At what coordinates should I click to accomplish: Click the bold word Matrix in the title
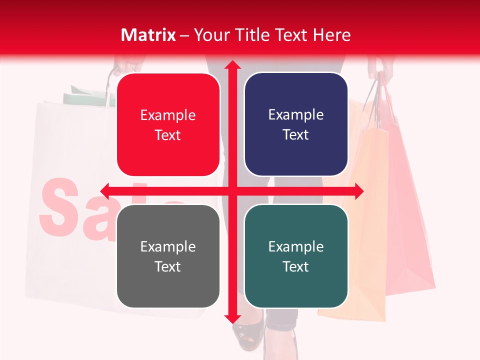(x=148, y=35)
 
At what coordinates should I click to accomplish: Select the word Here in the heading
(x=331, y=35)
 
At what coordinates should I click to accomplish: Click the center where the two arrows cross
(x=232, y=191)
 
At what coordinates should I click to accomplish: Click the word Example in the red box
(x=168, y=115)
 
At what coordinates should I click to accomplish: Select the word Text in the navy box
(x=296, y=135)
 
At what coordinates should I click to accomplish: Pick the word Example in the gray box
(x=168, y=247)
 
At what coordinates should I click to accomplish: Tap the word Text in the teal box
(x=296, y=267)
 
